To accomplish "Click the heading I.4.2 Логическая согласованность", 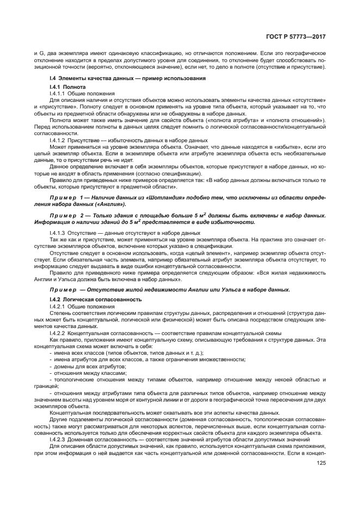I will tap(88, 299).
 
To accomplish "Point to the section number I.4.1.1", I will tap(58, 93).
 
